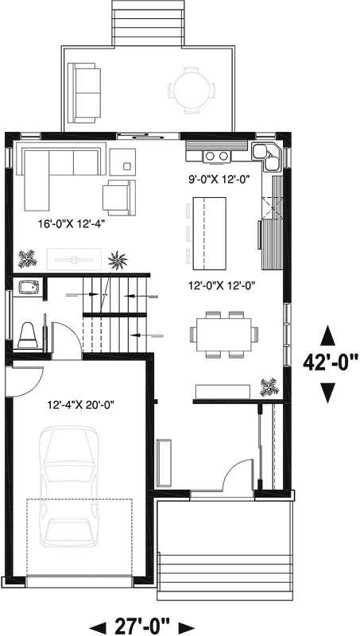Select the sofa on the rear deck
click(85, 82)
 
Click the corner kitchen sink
click(266, 154)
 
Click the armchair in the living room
click(118, 196)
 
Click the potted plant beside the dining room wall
click(269, 386)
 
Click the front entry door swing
click(237, 481)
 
